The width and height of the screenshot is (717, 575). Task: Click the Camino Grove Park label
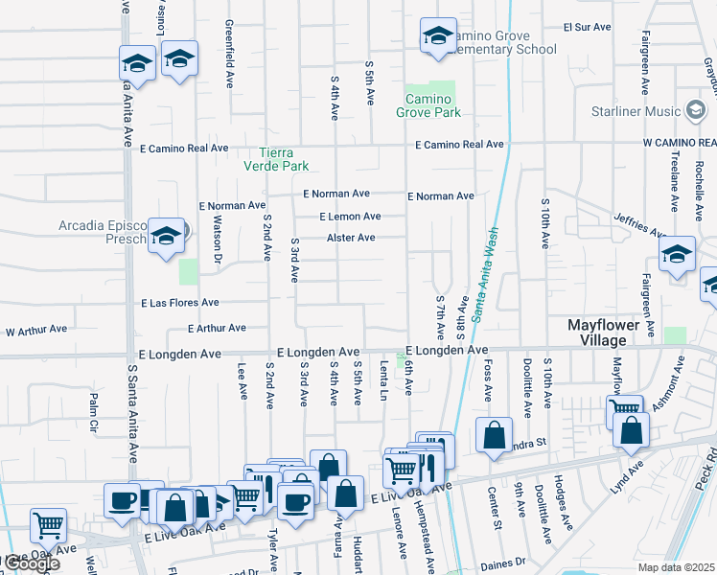[428, 105]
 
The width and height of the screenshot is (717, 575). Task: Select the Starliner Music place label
[655, 111]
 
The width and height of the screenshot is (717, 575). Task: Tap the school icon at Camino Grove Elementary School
[438, 36]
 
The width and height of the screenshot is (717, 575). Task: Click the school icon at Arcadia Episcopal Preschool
[166, 235]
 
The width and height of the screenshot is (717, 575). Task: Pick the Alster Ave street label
[351, 238]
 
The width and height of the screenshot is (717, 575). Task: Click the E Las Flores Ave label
[179, 303]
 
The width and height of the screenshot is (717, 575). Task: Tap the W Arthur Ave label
[36, 330]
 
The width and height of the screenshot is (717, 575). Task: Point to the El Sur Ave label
[587, 28]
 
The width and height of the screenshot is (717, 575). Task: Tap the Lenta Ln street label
[383, 382]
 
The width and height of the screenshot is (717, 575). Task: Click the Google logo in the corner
[31, 563]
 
